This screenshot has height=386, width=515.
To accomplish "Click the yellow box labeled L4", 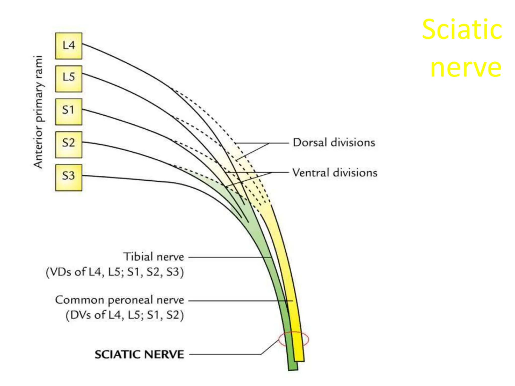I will (x=69, y=46).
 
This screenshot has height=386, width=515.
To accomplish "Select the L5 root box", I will (x=69, y=79).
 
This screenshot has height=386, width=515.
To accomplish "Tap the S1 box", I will (x=69, y=112).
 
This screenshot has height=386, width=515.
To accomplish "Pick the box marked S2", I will (x=69, y=144).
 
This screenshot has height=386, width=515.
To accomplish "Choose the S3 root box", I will (x=69, y=177).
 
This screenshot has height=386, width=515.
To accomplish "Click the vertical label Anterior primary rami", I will (x=38, y=112).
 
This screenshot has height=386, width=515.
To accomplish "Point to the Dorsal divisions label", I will (x=334, y=142).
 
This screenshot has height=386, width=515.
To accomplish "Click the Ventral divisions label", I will (x=335, y=173).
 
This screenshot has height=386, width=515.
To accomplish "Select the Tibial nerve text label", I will (x=154, y=257).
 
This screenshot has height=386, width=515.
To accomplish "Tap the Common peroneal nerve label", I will (x=120, y=300).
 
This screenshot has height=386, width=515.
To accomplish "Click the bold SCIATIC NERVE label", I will (x=139, y=354).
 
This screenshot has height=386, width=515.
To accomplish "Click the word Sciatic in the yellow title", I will (x=462, y=29).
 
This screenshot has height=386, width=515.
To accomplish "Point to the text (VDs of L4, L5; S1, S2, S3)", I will (x=115, y=272).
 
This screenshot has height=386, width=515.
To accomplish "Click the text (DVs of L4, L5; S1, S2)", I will (x=125, y=315).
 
